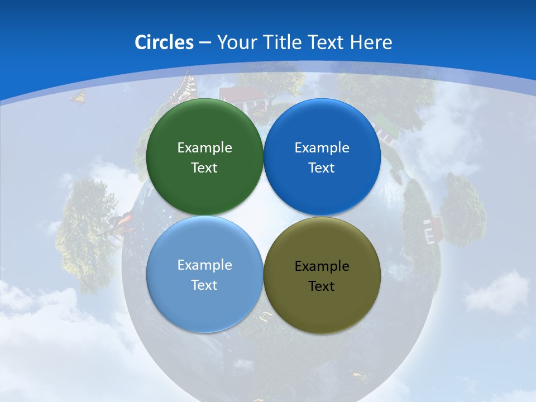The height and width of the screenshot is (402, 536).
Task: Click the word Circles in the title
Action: pos(164,42)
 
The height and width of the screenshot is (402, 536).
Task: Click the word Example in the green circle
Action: pos(204,148)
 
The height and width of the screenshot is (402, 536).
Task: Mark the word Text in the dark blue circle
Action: pos(322,168)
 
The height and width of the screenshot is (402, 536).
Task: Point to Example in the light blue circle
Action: pos(204,265)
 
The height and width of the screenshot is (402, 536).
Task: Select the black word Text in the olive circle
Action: pos(322,286)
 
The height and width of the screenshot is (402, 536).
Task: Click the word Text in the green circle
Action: pos(204,168)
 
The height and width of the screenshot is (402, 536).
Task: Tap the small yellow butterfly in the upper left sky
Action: pos(78,97)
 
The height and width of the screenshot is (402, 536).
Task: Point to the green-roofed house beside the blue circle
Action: pos(385,126)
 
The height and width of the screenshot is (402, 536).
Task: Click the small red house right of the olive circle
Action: pos(433,229)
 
